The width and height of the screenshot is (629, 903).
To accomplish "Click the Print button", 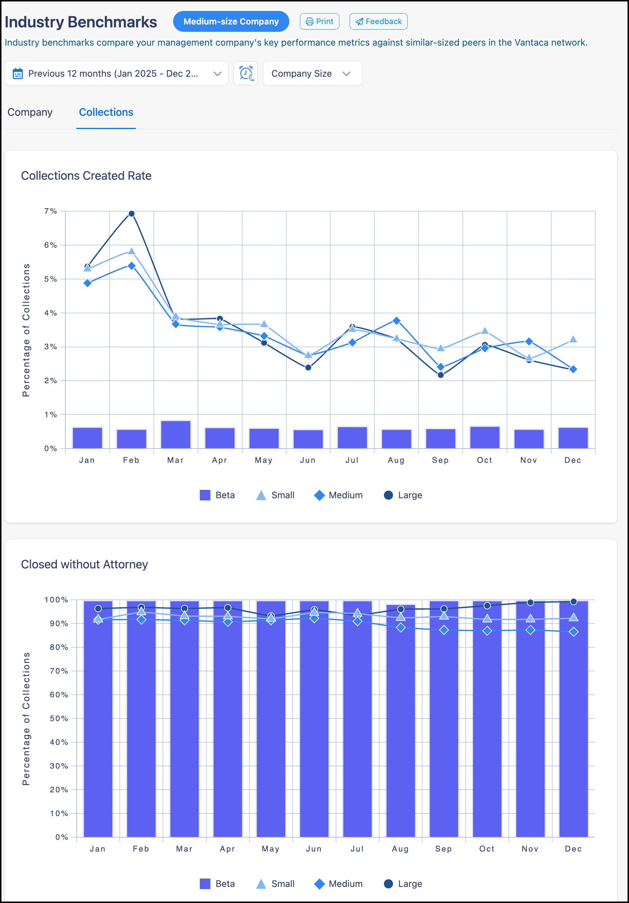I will coord(319,21).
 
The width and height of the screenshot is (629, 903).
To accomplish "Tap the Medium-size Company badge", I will coord(231,21).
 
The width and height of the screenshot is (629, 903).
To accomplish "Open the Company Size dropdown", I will coord(312,73).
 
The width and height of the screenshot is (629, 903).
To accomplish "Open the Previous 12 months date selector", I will coord(117,73).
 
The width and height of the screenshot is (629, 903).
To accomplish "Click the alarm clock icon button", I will coord(245,73).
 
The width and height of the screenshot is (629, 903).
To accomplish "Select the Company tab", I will coord(30,113).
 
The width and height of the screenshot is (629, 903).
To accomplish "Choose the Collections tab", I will coord(106,113).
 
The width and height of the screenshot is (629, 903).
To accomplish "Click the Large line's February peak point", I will coord(132,214).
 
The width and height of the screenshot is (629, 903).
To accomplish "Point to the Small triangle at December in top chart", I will coord(573,339).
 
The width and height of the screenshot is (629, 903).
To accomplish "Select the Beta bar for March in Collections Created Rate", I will coord(176,435).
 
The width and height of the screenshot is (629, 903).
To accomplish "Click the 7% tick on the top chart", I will coord(50,211).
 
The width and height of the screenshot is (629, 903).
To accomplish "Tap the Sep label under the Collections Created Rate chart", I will coord(440,460).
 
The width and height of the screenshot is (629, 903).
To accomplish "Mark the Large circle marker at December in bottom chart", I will coord(573,602).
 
